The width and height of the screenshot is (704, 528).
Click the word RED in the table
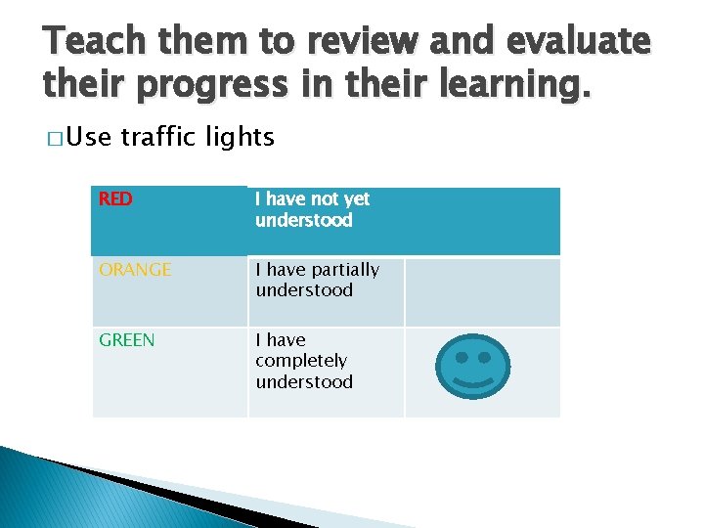[115, 199]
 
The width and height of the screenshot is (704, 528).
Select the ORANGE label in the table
[135, 270]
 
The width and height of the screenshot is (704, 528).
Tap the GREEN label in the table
[127, 340]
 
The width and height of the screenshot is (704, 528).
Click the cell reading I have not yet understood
[313, 209]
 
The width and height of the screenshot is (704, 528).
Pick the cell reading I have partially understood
[317, 280]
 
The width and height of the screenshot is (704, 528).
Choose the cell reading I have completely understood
[304, 361]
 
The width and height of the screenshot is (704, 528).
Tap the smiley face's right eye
[484, 345]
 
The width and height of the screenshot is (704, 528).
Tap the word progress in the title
[219, 86]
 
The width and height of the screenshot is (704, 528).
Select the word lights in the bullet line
[241, 138]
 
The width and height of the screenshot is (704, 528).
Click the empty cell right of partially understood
[482, 291]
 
